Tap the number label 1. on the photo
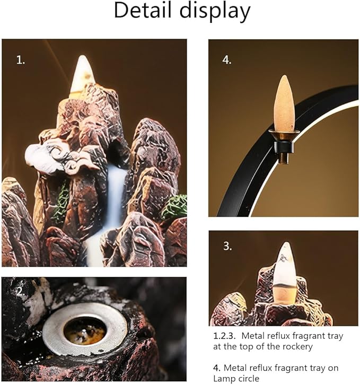click(20, 60)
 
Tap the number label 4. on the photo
click(227, 60)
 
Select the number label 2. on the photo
click(20, 291)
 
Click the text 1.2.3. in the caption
click(225, 336)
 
